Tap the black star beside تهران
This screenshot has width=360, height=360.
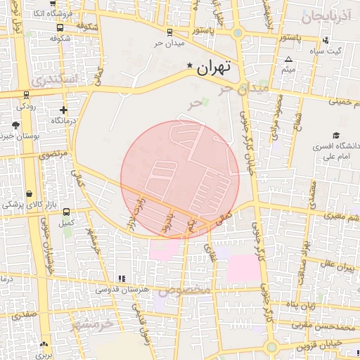[x=189, y=66]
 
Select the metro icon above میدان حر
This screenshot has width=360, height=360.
[x=169, y=32]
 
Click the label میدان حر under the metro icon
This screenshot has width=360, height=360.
[x=169, y=43]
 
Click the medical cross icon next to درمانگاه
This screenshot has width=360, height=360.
[x=64, y=110]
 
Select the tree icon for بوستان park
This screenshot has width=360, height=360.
[x=15, y=124]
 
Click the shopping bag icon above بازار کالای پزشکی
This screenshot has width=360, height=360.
[x=29, y=193]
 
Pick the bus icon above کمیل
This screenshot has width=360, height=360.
[x=66, y=212]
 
